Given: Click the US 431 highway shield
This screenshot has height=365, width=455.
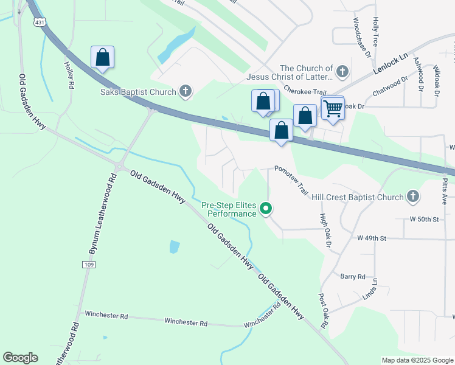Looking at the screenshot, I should [x=23, y=22].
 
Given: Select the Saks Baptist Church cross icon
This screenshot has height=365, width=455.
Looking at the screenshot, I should [x=186, y=92].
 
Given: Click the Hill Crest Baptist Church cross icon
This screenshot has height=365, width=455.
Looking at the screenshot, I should [x=413, y=196].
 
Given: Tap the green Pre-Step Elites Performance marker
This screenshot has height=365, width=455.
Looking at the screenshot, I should [x=266, y=209].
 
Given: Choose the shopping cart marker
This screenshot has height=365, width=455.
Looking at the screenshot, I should [x=333, y=109].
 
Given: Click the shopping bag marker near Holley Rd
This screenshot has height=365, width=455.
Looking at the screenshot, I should [x=103, y=58].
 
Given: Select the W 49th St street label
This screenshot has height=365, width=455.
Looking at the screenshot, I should [x=372, y=238].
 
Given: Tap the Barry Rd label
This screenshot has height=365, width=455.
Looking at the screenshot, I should [x=353, y=276].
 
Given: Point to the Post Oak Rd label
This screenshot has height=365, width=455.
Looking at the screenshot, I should [x=323, y=311].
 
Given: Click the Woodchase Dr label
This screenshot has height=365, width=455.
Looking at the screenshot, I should [x=361, y=38].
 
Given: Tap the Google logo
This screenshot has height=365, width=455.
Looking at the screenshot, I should [x=20, y=358].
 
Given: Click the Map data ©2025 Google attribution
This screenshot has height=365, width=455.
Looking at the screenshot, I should [x=417, y=360].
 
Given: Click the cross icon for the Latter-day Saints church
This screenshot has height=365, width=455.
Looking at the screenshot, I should [x=342, y=72].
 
